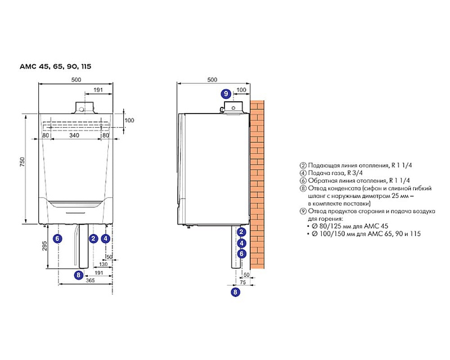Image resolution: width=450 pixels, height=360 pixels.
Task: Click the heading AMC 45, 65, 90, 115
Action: point(55,66)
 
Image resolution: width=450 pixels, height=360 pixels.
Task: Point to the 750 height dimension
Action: point(22,162)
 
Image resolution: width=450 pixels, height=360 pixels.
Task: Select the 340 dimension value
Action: point(74,135)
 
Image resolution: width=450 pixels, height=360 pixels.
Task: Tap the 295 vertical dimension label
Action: point(44,246)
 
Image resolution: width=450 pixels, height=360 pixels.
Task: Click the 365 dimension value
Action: point(90,281)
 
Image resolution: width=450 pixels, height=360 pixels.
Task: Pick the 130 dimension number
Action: point(103,264)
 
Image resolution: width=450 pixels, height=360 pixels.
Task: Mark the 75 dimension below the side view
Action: point(243,282)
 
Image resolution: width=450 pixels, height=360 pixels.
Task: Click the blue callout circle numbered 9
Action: point(226,94)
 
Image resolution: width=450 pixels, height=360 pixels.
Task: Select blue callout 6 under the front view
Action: point(58,238)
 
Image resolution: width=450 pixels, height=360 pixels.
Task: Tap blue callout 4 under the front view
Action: point(106,238)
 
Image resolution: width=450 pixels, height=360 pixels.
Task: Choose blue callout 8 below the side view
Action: point(235,292)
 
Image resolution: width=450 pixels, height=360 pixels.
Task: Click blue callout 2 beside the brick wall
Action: point(242,232)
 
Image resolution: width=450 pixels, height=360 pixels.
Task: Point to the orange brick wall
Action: point(257,184)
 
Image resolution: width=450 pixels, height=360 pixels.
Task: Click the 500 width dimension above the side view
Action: point(212,80)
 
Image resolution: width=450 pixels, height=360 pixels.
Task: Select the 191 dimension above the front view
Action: point(98,90)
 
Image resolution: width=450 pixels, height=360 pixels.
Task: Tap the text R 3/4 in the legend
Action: point(355,173)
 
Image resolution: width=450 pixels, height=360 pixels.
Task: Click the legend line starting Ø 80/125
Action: point(350,226)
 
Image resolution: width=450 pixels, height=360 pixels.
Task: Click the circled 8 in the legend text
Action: point(303,188)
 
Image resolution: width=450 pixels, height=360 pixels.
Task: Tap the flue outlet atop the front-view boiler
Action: point(84,108)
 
